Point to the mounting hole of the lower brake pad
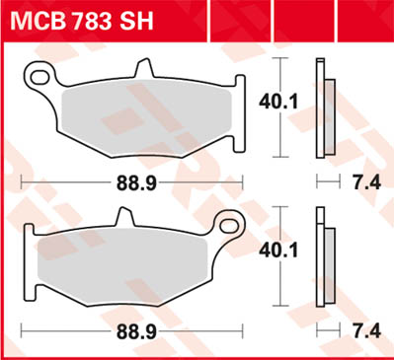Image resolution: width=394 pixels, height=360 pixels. click(x=233, y=221)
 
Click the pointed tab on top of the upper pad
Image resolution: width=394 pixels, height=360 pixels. click(x=146, y=67)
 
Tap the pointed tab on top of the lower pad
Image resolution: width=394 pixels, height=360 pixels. click(x=124, y=215)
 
